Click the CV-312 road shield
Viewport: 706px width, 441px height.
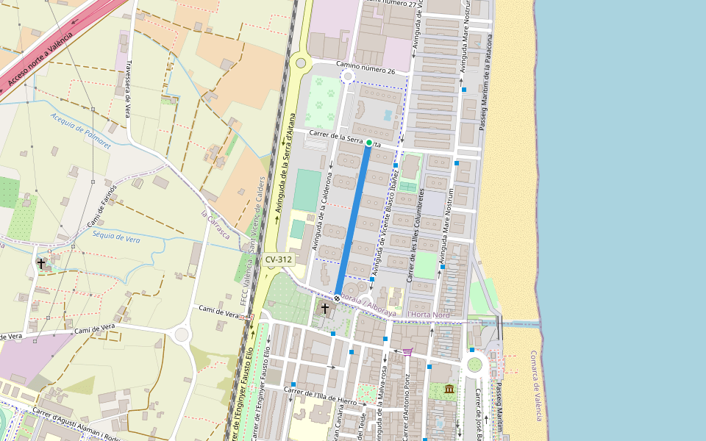pyautogui.click(x=279, y=259)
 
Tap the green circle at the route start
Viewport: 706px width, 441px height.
pyautogui.click(x=369, y=143)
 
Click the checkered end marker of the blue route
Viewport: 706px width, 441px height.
pyautogui.click(x=337, y=298)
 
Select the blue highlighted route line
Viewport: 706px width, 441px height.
pyautogui.click(x=353, y=220)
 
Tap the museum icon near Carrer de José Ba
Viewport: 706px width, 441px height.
pyautogui.click(x=449, y=388)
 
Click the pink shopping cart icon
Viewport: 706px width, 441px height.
pyautogui.click(x=407, y=352)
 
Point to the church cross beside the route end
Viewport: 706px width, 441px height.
pyautogui.click(x=325, y=309)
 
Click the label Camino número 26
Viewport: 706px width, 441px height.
pyautogui.click(x=366, y=67)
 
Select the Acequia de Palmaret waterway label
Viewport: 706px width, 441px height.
pyautogui.click(x=80, y=131)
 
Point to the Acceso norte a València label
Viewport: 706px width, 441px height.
pyautogui.click(x=40, y=58)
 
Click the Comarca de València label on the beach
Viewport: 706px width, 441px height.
pyautogui.click(x=537, y=385)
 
